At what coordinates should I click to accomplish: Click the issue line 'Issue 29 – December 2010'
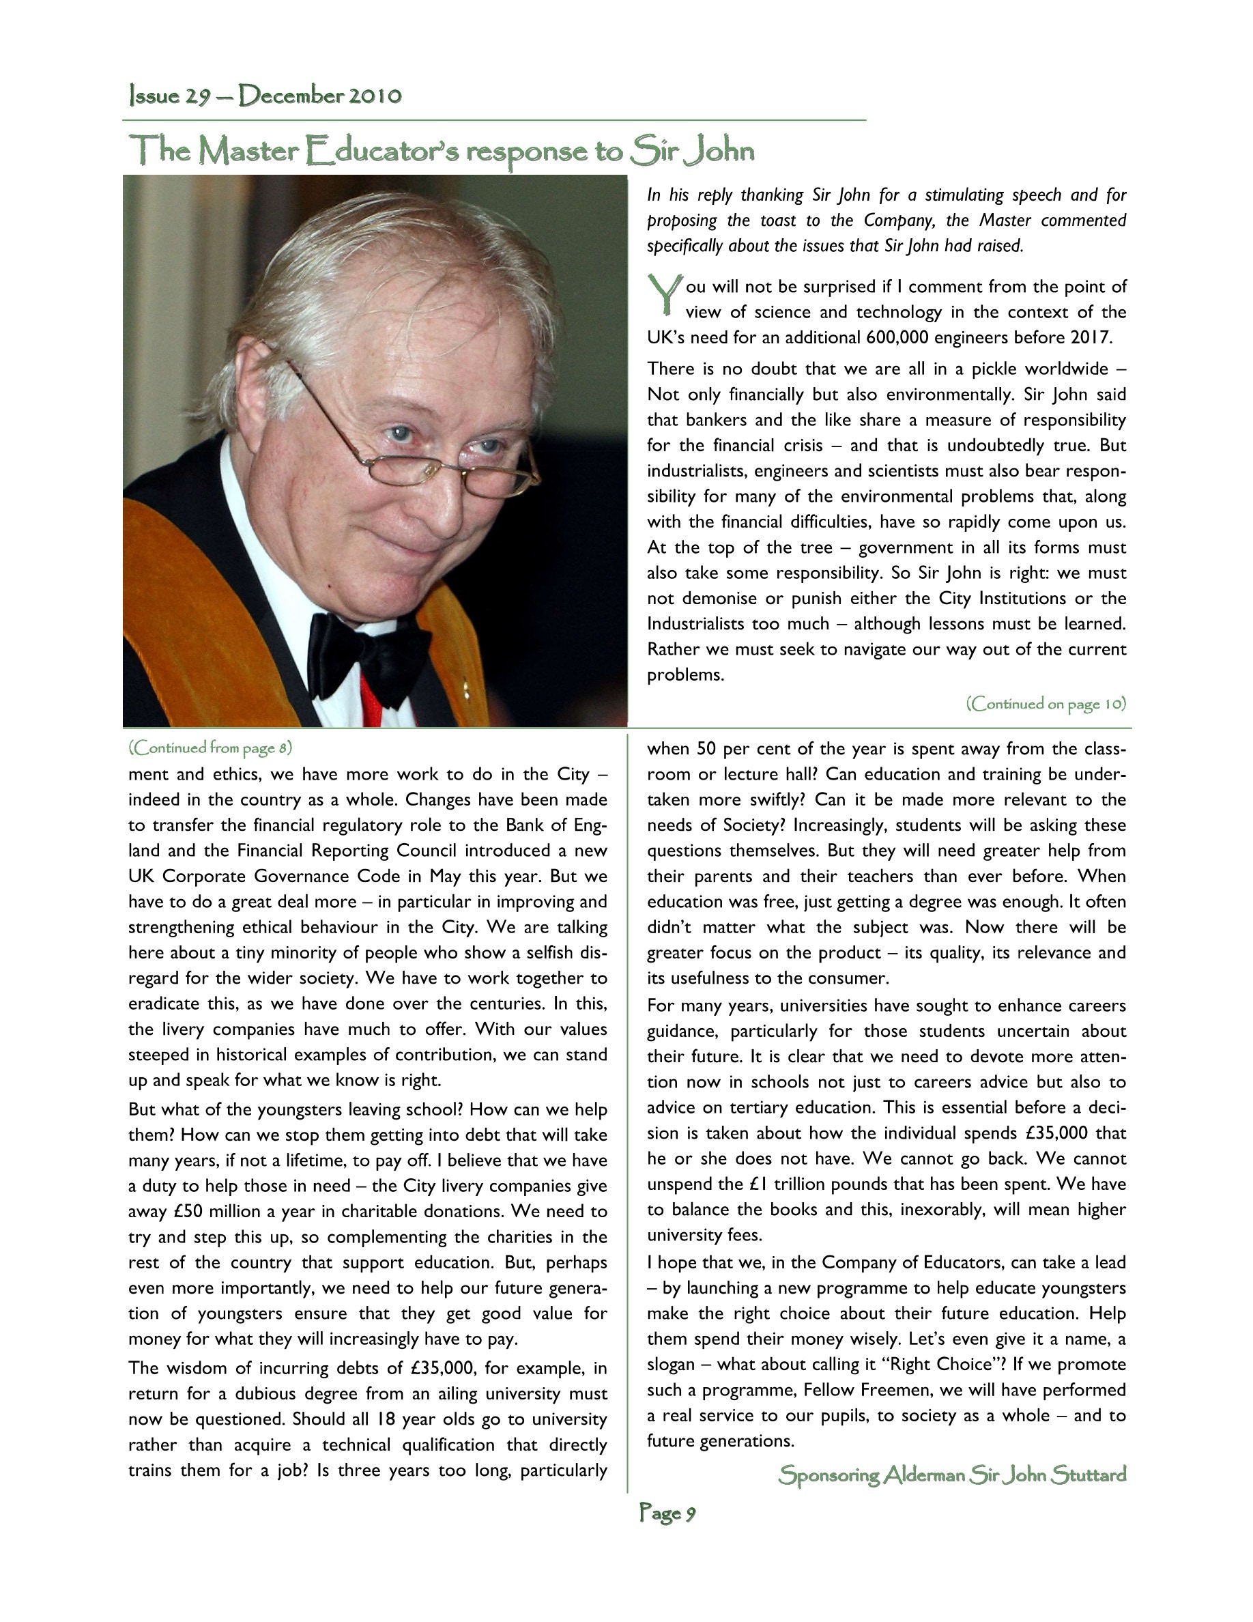[265, 96]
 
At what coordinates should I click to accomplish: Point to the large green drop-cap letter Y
[664, 294]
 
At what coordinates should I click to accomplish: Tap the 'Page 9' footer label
[667, 1513]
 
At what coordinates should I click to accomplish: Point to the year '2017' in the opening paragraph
[1090, 338]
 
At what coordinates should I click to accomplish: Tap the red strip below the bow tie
[370, 702]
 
